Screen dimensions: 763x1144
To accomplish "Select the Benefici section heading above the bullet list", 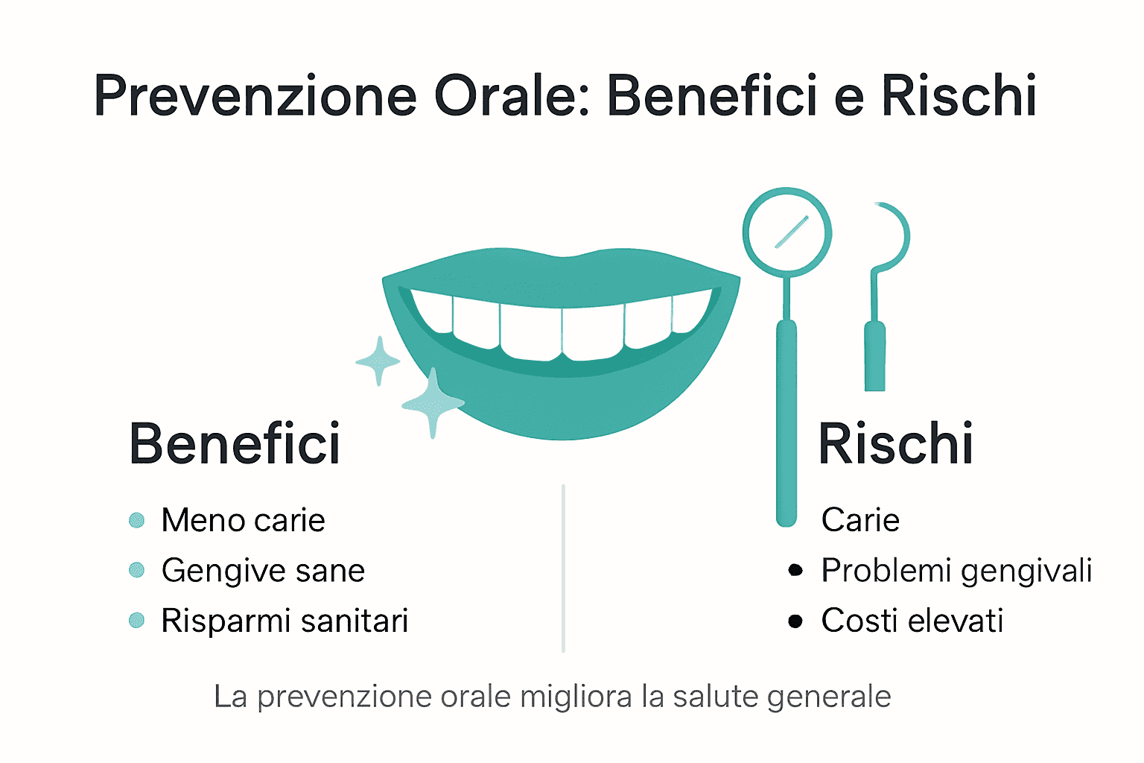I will [x=235, y=444].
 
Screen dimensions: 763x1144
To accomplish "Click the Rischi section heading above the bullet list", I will [x=895, y=444].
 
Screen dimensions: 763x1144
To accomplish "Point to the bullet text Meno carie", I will [x=243, y=520].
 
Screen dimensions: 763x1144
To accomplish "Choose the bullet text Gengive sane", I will [x=263, y=571].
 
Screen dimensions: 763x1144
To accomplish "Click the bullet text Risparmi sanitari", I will [x=285, y=621].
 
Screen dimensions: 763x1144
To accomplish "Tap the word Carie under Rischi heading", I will [x=860, y=520].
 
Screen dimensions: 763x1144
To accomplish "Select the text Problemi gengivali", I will [x=956, y=571].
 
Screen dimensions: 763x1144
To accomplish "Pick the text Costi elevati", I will [x=912, y=621].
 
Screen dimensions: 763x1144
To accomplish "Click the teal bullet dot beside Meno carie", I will [x=136, y=520].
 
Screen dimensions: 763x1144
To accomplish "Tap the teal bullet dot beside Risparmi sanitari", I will [x=136, y=621].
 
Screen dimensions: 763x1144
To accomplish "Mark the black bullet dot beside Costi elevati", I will [x=795, y=621].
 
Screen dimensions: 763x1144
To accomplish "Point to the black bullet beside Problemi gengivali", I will [x=795, y=571].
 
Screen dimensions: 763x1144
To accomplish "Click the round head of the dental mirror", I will [x=787, y=232].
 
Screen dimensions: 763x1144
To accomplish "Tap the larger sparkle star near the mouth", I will [x=433, y=403].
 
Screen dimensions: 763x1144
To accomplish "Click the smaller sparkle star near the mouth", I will [x=378, y=361].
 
